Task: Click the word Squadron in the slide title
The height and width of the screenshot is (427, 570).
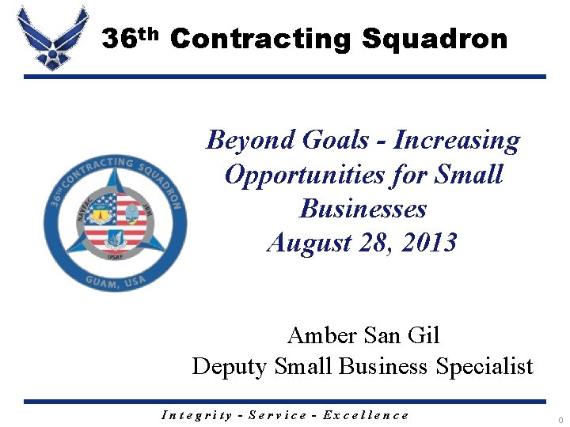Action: (435, 39)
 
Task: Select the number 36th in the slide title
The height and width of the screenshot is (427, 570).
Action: (131, 37)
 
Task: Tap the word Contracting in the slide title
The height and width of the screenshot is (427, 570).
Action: (260, 39)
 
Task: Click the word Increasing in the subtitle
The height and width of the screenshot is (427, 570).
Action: (457, 141)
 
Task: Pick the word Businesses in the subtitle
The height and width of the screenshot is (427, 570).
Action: (363, 209)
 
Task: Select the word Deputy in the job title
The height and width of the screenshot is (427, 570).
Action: (230, 367)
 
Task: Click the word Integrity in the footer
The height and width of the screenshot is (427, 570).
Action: (196, 414)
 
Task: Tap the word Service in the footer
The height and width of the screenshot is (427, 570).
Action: (278, 414)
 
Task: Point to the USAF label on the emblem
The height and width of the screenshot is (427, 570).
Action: (116, 255)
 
